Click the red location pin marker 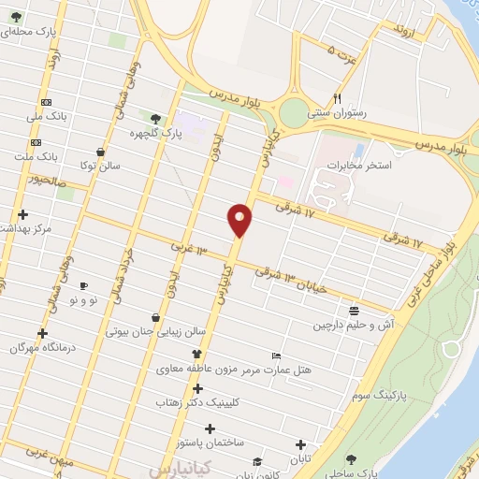[x=240, y=219]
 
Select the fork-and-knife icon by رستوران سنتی [x=338, y=98]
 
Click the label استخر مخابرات [x=357, y=166]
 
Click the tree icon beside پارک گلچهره [x=155, y=119]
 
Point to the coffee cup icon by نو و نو [x=83, y=285]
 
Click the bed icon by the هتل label [x=275, y=356]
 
